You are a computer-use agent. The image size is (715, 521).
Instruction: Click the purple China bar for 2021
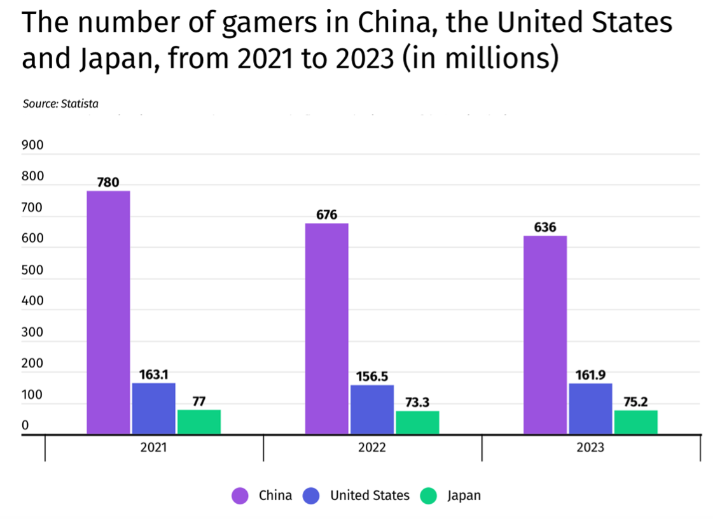tap(108, 312)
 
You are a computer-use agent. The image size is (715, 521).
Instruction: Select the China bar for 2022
tap(326, 329)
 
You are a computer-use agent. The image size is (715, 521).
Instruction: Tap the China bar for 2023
tap(545, 335)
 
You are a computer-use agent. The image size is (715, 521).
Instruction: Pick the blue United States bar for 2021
tap(154, 408)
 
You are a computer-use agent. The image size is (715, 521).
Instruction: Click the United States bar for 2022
tap(372, 410)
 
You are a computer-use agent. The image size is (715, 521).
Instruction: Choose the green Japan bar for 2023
tap(635, 422)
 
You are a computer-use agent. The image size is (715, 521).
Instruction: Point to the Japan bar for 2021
tap(199, 422)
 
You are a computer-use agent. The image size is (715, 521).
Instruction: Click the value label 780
tap(108, 183)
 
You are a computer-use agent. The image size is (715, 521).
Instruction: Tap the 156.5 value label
tap(371, 376)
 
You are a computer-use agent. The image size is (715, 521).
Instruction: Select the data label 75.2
tap(635, 402)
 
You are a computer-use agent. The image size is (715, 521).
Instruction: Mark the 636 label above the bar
tap(545, 227)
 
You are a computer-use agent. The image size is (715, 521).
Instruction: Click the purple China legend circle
tap(240, 496)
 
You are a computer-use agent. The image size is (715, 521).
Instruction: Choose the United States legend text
tap(370, 496)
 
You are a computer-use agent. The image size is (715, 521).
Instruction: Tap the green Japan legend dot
tap(429, 496)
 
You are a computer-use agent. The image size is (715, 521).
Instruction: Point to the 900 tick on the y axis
tap(32, 145)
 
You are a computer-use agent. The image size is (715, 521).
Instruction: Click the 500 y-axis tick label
tap(32, 270)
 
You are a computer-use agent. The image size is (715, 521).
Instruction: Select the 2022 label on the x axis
tap(371, 448)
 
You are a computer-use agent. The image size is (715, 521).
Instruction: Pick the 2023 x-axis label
tap(590, 448)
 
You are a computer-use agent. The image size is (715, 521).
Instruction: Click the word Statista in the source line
tap(80, 103)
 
